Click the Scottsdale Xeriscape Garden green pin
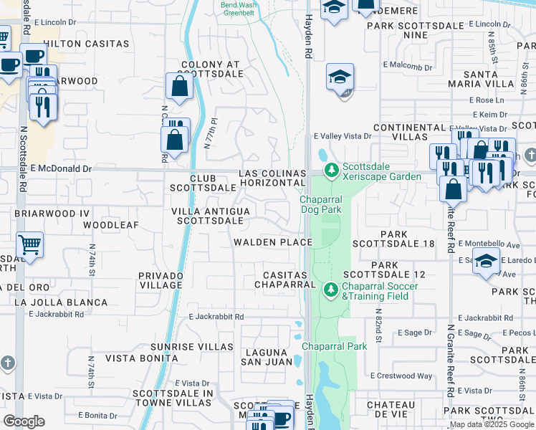[330, 171]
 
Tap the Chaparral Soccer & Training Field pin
[330, 290]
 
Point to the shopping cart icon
[29, 245]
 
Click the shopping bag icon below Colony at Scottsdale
[178, 87]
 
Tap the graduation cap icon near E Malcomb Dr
[340, 77]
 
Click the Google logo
[24, 421]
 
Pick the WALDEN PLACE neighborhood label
[273, 242]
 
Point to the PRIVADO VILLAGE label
[161, 279]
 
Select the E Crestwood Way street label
[401, 376]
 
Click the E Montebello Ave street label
[488, 244]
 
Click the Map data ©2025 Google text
[491, 424]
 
